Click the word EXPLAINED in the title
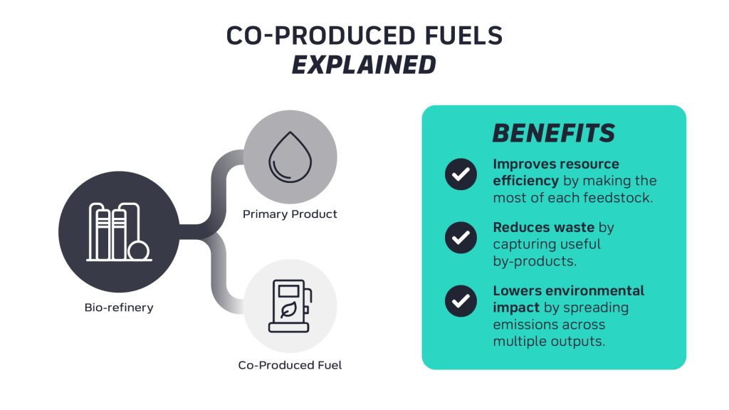coord(364,65)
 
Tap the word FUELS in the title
coord(464,36)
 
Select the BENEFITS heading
coord(554,133)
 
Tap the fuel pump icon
coord(290,306)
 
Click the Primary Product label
coord(290,214)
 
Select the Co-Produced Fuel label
coord(290,365)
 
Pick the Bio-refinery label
coord(119,307)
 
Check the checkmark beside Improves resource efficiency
coord(461,174)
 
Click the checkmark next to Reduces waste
coord(461,238)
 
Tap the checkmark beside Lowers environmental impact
coord(461,301)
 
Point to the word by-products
coord(535,261)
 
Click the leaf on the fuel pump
coord(289,310)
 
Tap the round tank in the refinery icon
coord(139,251)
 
